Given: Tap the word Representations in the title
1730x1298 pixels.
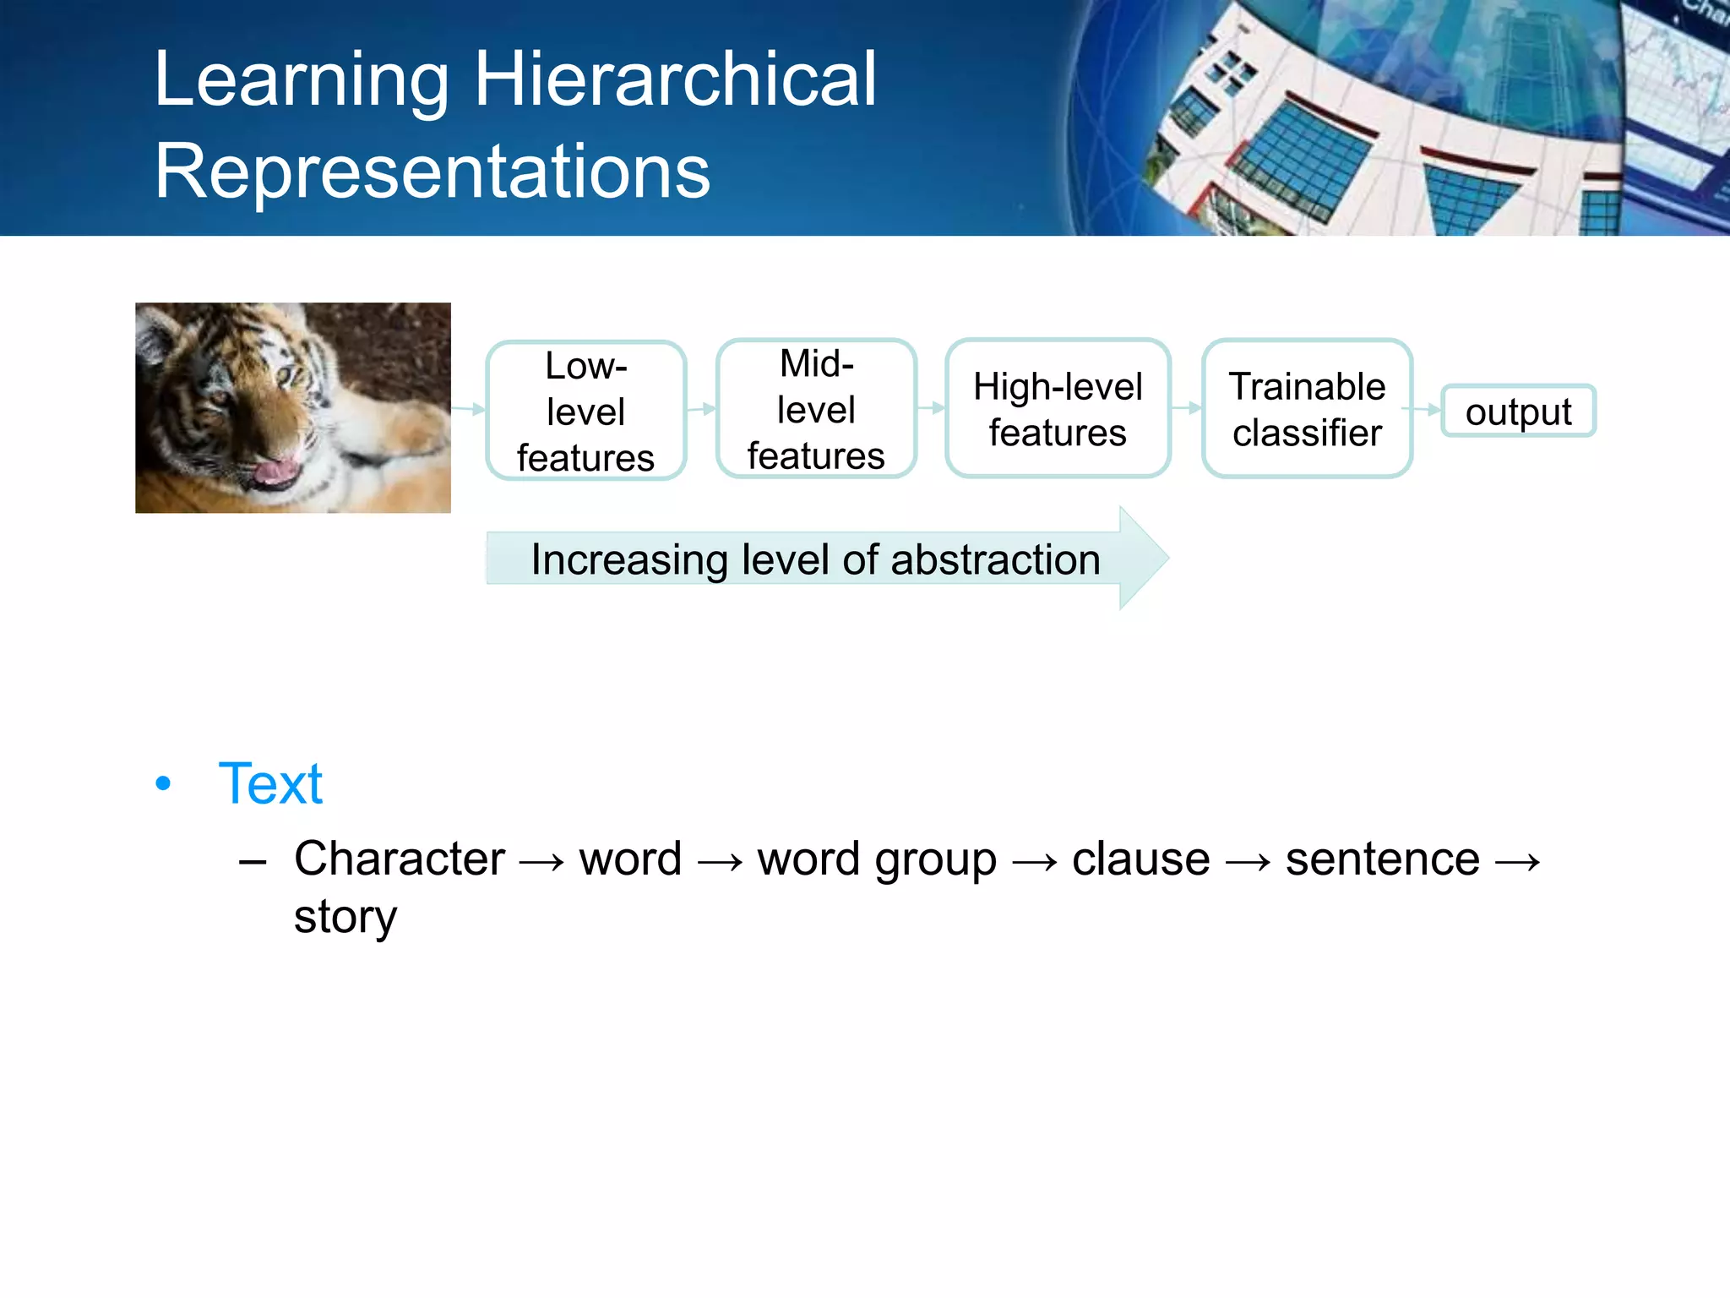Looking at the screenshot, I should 432,172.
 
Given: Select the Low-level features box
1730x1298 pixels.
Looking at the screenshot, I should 585,412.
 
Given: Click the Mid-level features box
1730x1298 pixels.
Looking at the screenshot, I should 816,410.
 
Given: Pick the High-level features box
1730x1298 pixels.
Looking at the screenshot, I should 1058,409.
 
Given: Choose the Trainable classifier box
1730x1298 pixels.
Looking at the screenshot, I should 1307,409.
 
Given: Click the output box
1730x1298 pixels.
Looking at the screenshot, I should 1518,412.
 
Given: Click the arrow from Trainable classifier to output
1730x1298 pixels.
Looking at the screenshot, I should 1426,410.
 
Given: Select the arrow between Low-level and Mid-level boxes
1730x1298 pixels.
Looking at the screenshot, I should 701,410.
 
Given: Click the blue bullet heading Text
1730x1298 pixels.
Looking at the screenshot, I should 270,783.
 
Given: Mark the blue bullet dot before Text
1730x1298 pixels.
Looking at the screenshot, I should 163,783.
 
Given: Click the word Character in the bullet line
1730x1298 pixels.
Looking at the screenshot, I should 399,859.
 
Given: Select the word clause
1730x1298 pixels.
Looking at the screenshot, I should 1140,859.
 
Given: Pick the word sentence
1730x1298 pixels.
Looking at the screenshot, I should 1382,859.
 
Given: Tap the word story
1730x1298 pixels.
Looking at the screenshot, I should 345,918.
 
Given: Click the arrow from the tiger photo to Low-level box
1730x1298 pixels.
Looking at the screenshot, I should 469,410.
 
